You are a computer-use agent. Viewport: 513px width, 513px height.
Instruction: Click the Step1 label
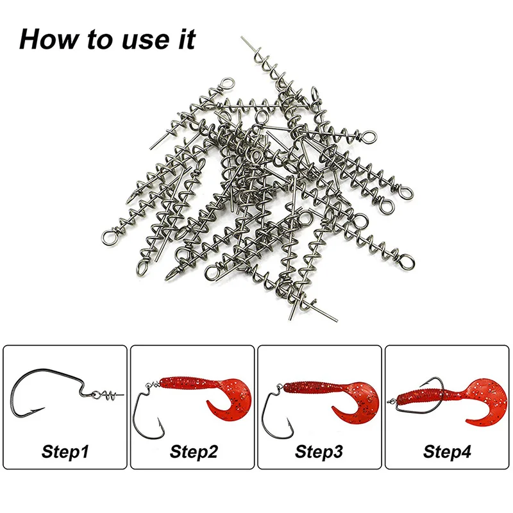point(65,452)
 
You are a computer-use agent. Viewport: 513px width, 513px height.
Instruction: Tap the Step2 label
point(194,452)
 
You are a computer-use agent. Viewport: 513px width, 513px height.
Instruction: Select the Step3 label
point(319,452)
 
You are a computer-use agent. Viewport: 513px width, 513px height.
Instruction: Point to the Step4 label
point(447,452)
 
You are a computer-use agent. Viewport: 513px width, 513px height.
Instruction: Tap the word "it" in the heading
point(187,39)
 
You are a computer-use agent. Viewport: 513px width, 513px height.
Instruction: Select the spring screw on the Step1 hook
point(108,395)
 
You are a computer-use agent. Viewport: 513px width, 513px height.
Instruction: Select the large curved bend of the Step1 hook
point(20,396)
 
